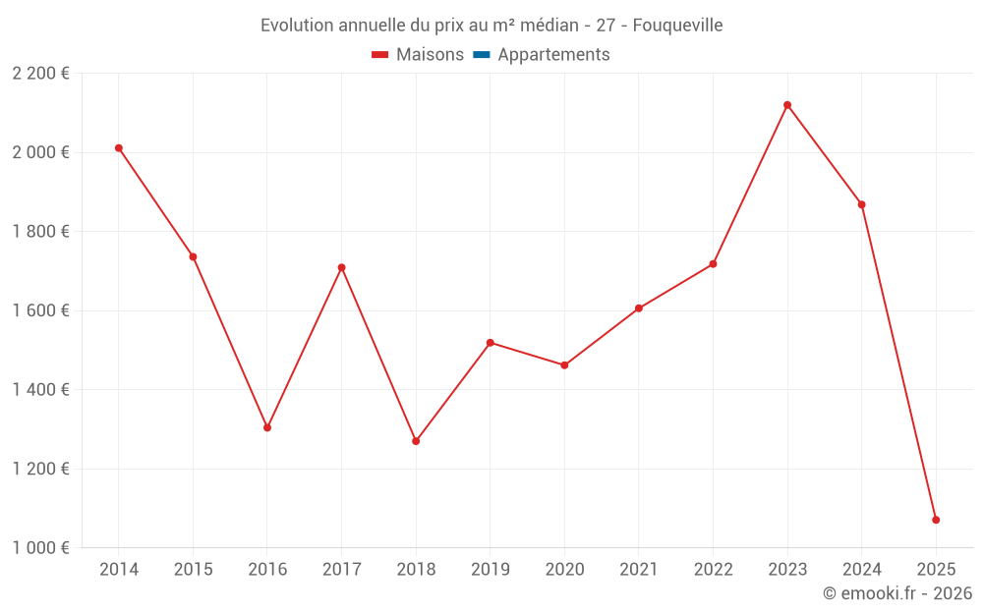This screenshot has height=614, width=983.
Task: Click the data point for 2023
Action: [x=787, y=105]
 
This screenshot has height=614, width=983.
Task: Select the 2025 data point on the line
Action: [x=936, y=520]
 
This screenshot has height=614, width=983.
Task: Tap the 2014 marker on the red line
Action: [x=119, y=148]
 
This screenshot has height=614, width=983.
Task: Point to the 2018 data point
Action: [x=416, y=441]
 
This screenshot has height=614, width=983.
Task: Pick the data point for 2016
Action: [x=267, y=427]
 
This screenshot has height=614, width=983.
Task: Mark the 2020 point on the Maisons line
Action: [x=564, y=365]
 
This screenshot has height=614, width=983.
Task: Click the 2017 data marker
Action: [x=341, y=267]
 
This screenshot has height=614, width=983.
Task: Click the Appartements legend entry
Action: [x=553, y=55]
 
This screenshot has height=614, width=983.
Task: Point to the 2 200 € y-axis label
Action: [x=40, y=74]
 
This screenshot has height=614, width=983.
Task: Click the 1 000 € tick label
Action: [x=40, y=548]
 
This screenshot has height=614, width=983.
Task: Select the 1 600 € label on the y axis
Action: [x=40, y=310]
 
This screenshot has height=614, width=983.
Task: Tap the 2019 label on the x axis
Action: [x=491, y=570]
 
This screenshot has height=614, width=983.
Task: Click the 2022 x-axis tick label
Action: [x=713, y=570]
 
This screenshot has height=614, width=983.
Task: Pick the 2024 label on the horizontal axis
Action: [x=861, y=570]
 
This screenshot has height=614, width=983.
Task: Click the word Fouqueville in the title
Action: [x=677, y=26]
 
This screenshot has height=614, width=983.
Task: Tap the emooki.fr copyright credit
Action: [x=897, y=593]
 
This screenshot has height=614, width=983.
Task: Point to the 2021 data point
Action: [x=639, y=308]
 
